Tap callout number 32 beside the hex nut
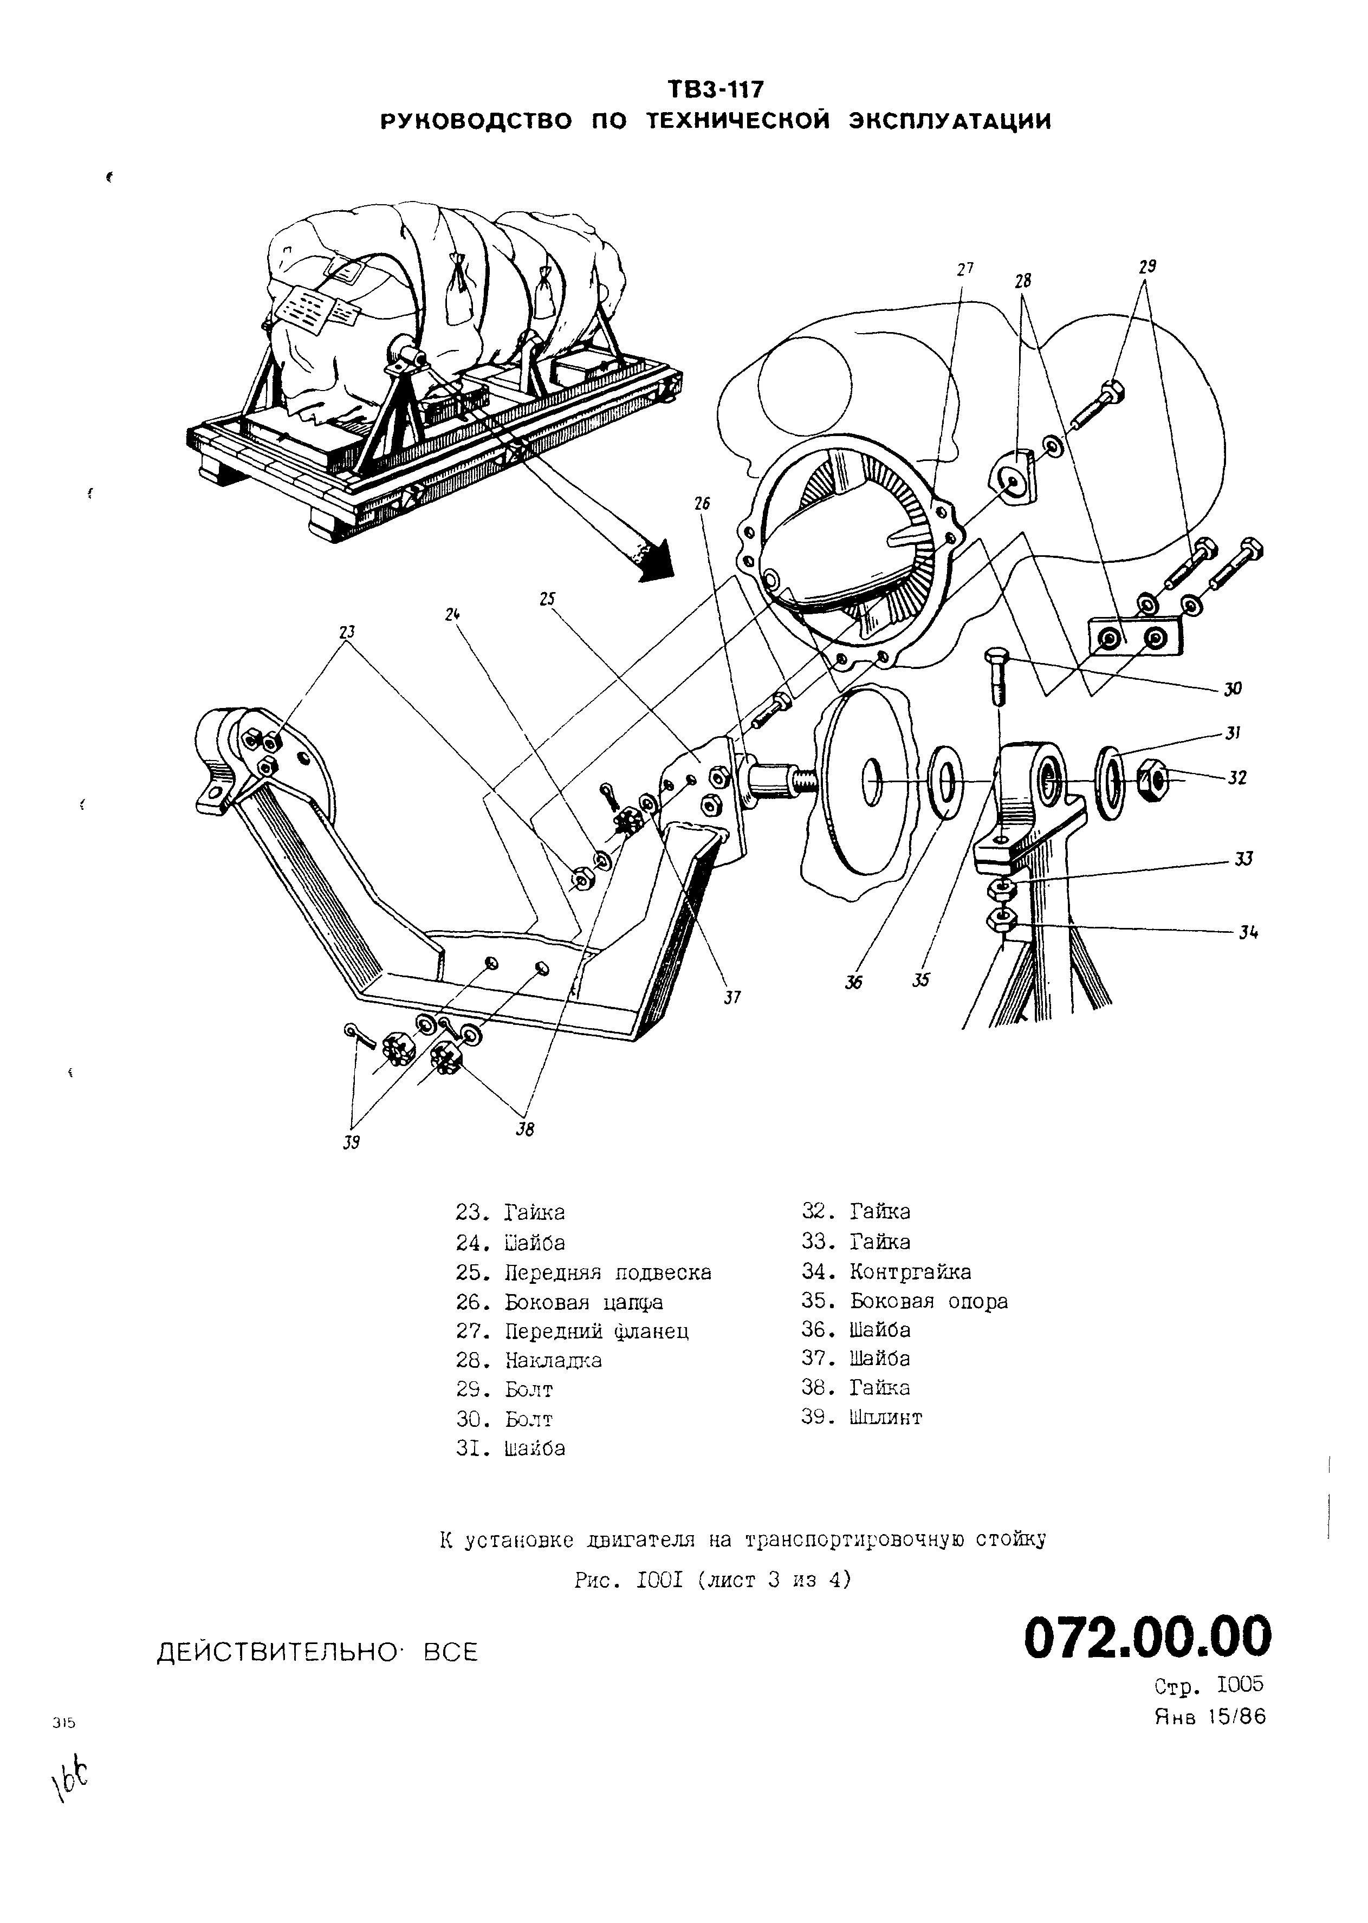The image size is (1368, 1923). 1236,777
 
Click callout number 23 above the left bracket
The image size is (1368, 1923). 348,631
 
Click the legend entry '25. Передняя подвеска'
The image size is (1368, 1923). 583,1272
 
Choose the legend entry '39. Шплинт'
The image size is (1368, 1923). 862,1417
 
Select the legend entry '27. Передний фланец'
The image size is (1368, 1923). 572,1331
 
